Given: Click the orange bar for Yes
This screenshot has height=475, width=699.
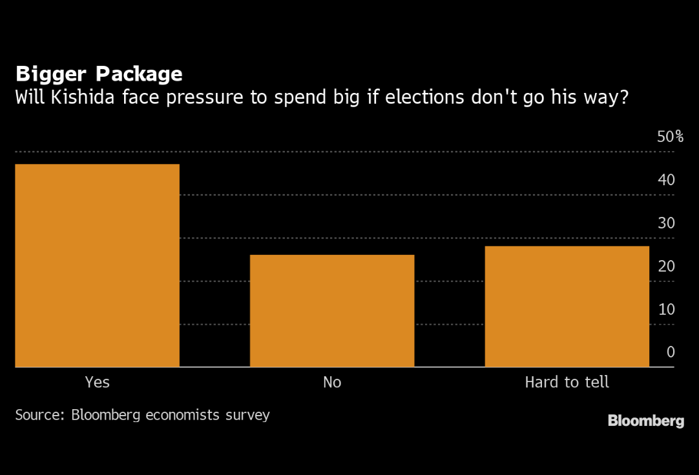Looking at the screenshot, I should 97,265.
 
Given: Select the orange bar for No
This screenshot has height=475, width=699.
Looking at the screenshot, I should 332,310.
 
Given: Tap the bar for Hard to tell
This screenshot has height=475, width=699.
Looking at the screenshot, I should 567,306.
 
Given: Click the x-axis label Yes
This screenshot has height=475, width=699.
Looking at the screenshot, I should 98,382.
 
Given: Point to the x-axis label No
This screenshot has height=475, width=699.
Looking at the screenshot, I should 332,382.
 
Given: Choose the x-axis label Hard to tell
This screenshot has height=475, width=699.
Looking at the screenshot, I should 567,382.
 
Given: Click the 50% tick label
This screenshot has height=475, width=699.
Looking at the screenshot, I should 670,137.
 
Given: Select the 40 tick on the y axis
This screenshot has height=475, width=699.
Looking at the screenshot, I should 666,180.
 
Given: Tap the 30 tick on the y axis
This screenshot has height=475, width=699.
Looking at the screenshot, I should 666,223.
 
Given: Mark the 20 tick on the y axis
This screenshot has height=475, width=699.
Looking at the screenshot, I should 666,267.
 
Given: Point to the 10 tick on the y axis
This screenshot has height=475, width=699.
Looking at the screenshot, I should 666,309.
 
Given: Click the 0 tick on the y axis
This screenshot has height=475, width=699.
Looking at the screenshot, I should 671,352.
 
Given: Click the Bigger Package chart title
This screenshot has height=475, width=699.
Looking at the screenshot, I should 99,74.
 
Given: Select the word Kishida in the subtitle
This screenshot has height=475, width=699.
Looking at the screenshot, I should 78,98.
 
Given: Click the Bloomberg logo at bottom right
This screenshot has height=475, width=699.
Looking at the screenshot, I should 645,421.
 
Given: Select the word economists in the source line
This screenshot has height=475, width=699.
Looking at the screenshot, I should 182,414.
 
